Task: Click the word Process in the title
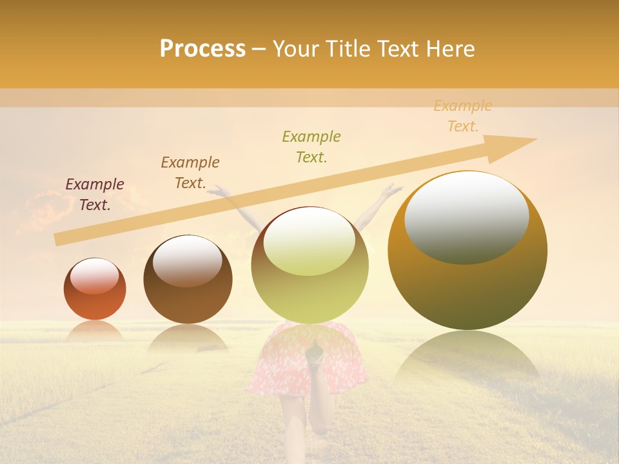pos(202,49)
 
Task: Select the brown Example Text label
pos(190,173)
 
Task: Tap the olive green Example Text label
pos(311,146)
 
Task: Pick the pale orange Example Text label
pos(463,116)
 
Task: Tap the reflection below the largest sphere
pos(467,354)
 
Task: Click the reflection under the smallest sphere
pos(95,330)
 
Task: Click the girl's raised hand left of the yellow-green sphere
pos(221,189)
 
